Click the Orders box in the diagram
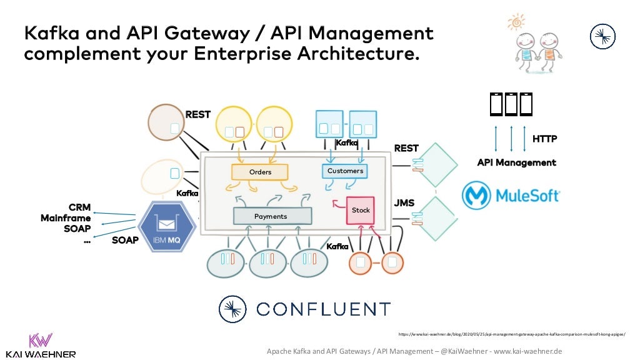coord(260,172)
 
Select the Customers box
coord(345,171)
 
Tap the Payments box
coord(272,216)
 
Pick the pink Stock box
coord(361,211)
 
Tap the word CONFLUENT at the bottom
coord(324,309)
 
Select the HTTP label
coord(544,139)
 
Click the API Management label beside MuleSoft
coord(516,162)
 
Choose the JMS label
coord(404,204)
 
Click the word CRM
coord(79,207)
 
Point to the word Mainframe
coord(66,218)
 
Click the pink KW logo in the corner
coord(41,341)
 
